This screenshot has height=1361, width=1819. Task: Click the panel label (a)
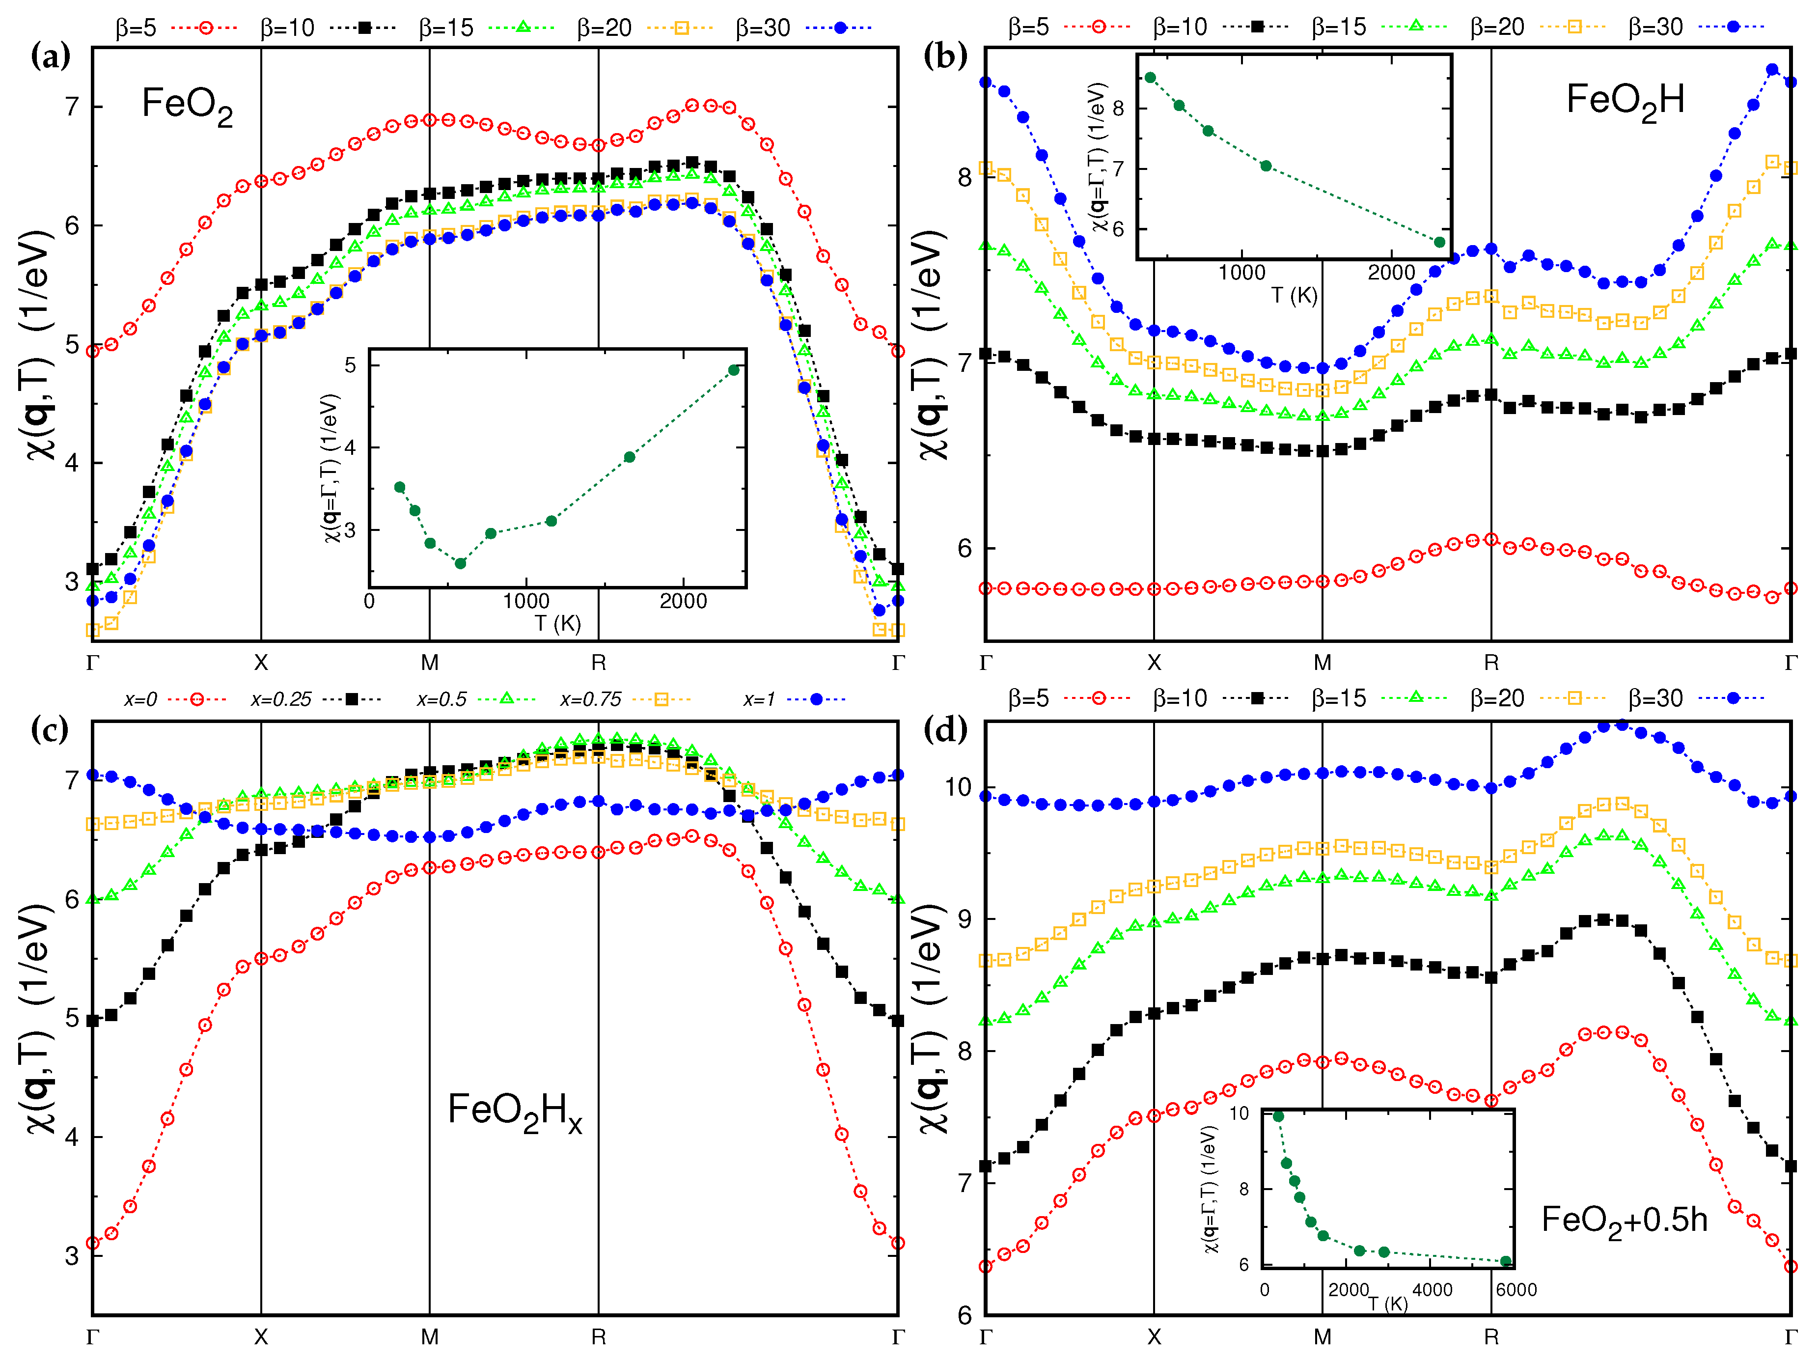[x=50, y=57]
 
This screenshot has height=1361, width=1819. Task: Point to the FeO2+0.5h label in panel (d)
[x=1624, y=1221]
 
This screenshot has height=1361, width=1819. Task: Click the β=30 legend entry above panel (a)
[x=802, y=28]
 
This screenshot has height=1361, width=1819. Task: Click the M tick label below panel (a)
[x=429, y=663]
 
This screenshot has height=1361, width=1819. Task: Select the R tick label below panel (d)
[x=1491, y=1337]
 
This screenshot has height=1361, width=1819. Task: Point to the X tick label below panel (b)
[x=1154, y=663]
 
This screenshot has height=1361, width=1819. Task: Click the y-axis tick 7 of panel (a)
[x=72, y=107]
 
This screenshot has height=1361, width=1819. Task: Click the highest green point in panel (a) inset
[x=734, y=370]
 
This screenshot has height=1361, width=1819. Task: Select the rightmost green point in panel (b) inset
[x=1439, y=242]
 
